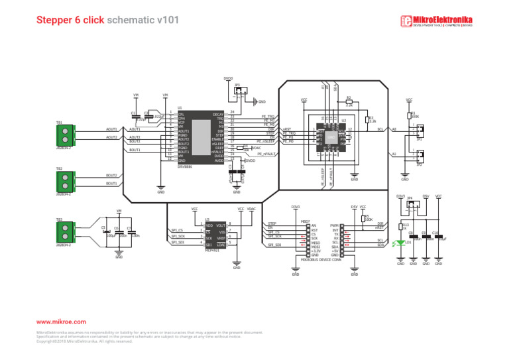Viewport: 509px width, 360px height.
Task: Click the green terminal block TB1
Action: point(64,134)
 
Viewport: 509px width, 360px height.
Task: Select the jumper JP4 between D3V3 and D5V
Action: point(413,207)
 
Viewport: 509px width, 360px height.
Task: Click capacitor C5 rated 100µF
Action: point(105,231)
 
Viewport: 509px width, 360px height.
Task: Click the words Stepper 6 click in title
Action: point(70,21)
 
